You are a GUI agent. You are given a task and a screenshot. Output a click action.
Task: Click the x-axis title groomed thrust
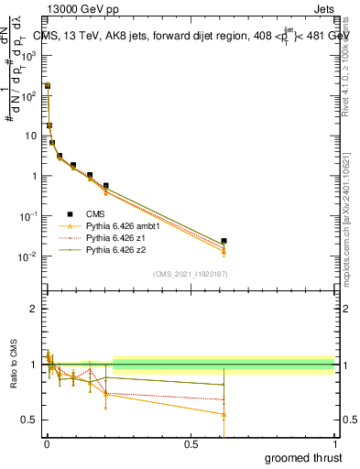[305, 457]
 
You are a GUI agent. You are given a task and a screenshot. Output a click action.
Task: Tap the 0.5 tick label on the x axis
[191, 443]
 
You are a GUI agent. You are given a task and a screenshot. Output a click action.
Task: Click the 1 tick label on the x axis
[334, 443]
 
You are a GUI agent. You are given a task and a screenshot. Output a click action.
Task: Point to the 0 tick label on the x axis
[46, 443]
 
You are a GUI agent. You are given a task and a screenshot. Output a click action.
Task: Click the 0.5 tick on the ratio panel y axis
[29, 420]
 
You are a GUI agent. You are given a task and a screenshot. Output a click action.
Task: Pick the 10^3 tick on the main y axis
[27, 55]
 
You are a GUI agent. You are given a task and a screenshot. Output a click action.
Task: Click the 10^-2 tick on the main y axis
[27, 256]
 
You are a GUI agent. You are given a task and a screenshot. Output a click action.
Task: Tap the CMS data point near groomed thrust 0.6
[224, 241]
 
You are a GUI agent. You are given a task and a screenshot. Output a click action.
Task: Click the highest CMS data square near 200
[48, 85]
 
